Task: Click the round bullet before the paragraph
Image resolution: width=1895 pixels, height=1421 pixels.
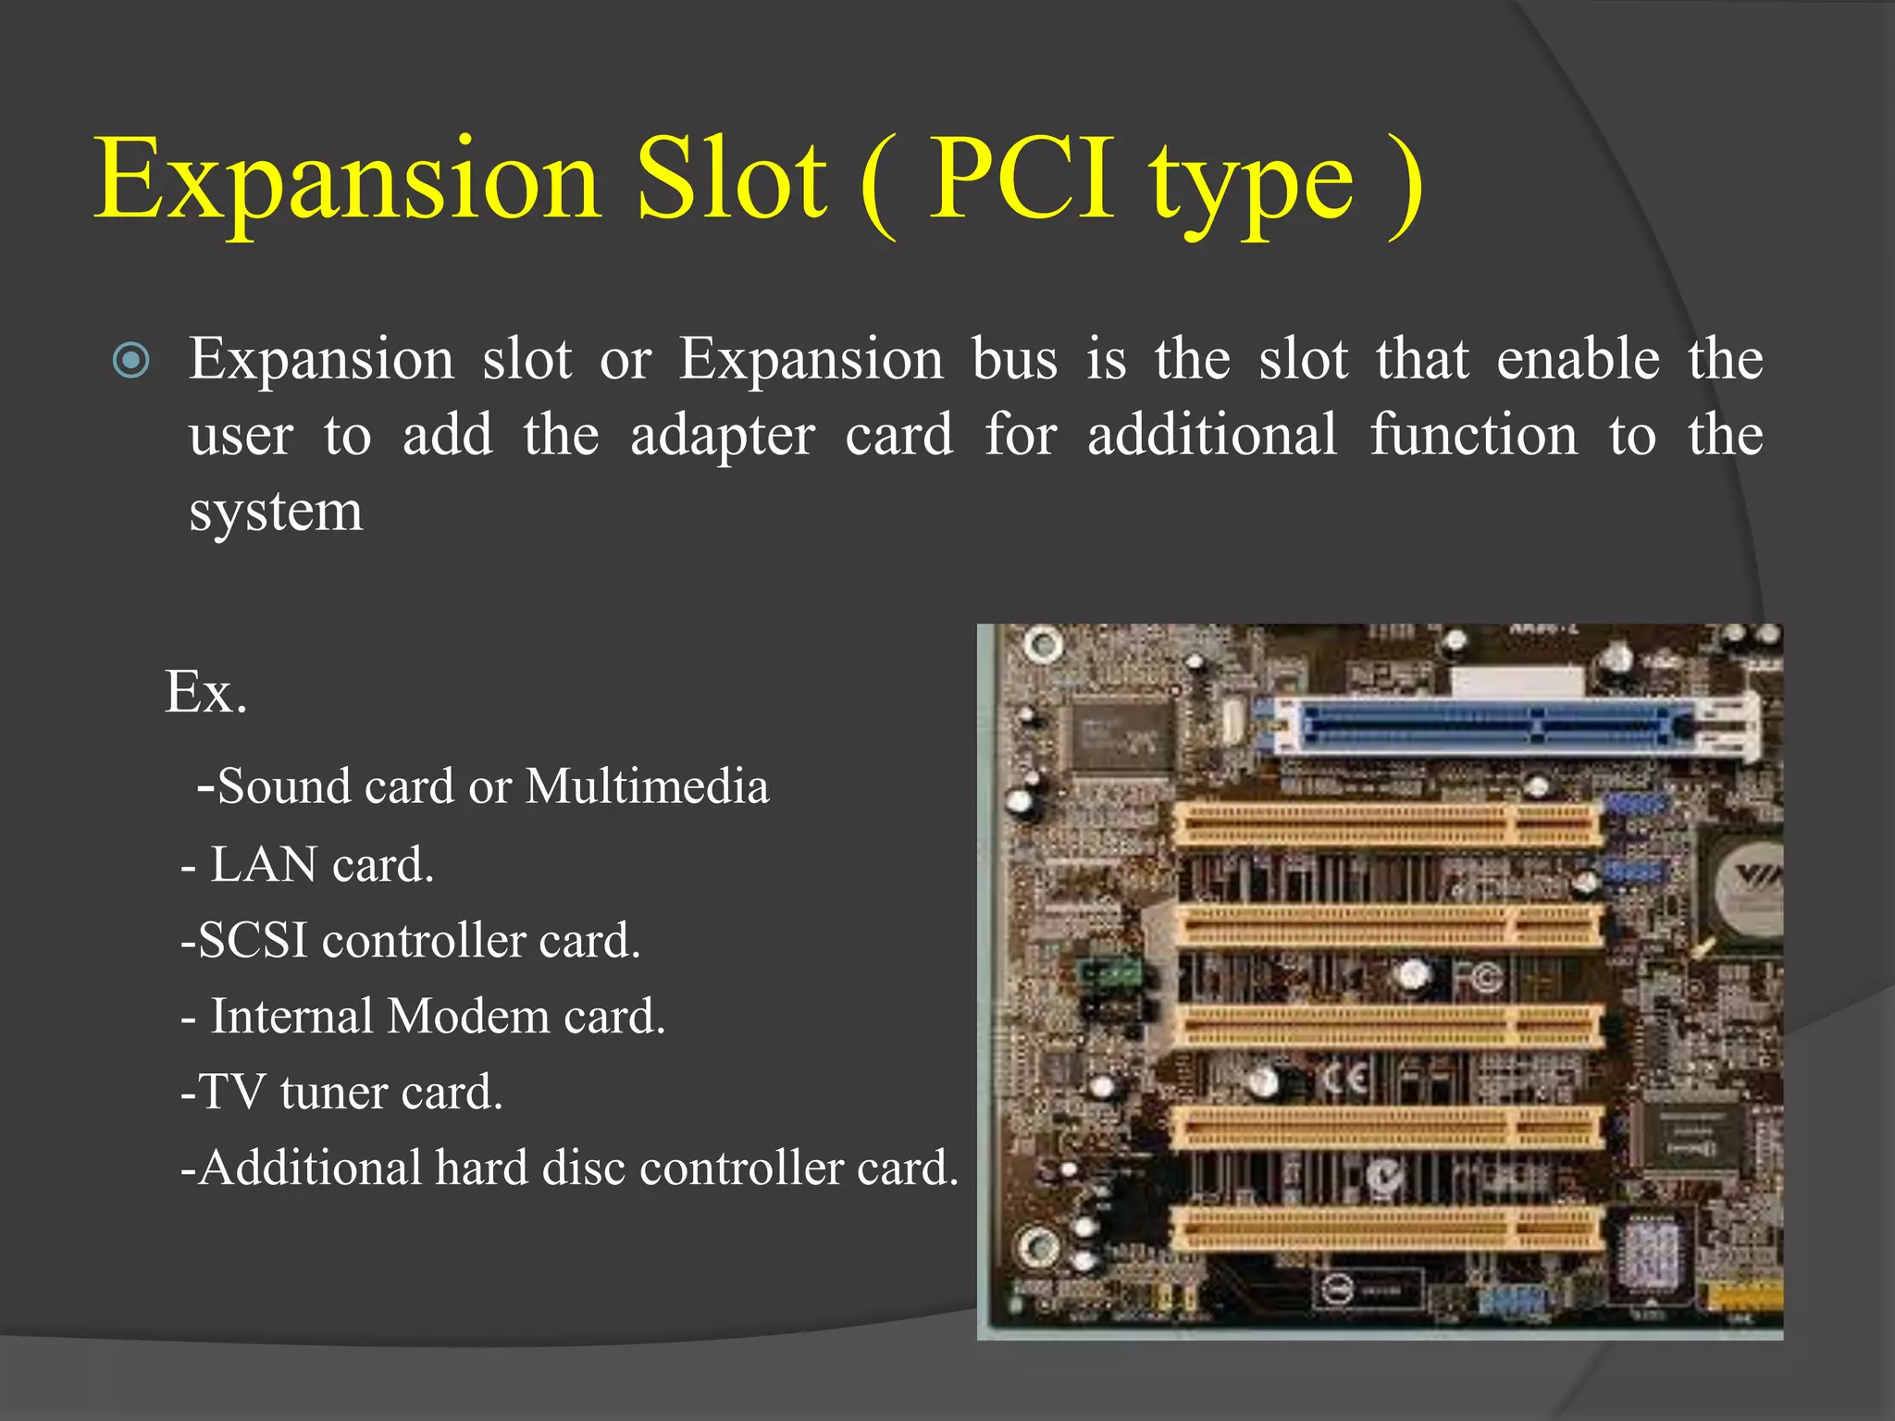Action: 130,360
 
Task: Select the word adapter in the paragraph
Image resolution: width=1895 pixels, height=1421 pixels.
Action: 722,435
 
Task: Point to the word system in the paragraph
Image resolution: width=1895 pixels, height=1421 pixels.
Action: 276,512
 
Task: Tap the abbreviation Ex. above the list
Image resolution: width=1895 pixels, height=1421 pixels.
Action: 206,691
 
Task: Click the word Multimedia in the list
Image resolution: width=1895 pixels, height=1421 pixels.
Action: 647,786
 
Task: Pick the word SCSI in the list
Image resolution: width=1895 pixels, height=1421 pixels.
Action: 253,940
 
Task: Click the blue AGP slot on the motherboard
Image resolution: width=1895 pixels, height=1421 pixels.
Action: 1490,727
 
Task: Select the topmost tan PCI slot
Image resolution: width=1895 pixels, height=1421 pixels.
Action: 1388,823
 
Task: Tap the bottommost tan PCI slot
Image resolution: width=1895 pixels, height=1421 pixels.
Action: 1388,1229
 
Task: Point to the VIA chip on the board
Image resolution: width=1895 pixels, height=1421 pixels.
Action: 1749,883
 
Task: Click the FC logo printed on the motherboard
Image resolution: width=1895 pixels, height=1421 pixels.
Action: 1479,979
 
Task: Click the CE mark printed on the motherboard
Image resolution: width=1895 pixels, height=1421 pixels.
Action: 1346,1080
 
